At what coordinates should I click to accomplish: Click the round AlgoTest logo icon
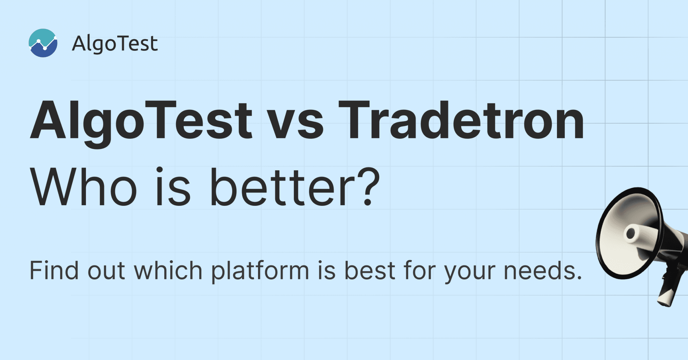tap(43, 43)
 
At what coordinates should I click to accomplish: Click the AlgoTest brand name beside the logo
tap(115, 44)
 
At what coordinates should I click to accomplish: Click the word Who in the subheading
tap(84, 187)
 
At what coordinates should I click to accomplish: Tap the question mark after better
tap(367, 186)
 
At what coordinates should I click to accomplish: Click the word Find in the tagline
tap(54, 270)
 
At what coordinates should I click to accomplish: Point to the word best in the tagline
tap(370, 270)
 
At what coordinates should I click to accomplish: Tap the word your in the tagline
tap(470, 274)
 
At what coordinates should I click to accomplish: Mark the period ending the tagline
tap(578, 277)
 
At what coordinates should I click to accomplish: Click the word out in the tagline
tap(106, 272)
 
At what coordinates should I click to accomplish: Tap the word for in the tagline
tap(420, 270)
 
